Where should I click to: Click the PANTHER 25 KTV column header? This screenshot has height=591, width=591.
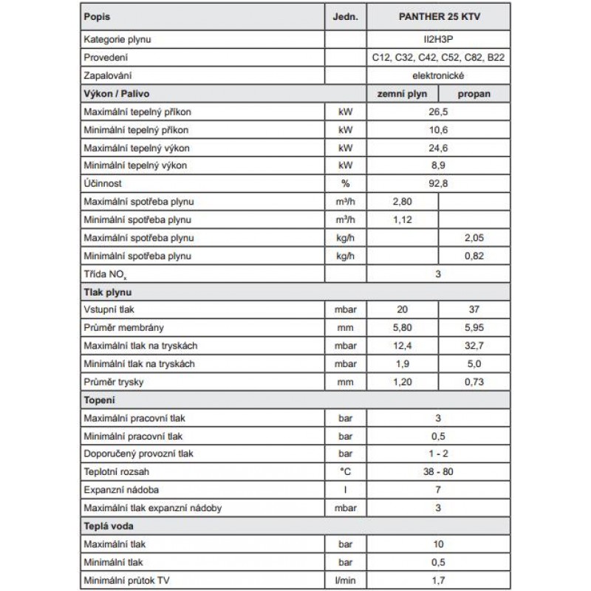point(439,16)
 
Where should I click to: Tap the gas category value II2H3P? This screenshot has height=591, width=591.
point(439,38)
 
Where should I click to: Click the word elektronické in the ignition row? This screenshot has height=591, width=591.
point(439,75)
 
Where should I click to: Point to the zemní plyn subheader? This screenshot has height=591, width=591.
point(402,93)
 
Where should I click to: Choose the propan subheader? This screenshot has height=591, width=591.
point(475,93)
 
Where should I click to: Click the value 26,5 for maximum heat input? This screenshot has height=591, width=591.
point(439,111)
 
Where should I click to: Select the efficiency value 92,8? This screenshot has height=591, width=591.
point(439,183)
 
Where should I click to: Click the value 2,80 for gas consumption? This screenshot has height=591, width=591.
point(402,202)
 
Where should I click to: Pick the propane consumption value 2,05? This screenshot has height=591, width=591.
point(475,238)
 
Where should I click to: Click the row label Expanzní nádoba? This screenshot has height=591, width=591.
point(122,488)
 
